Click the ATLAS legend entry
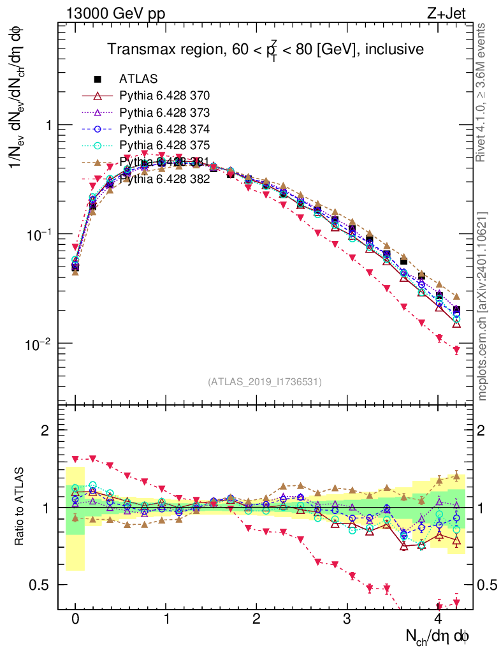pos(138,79)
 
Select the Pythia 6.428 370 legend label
pos(164,96)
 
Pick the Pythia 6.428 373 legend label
pos(164,113)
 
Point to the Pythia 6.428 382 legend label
pos(164,180)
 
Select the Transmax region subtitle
pos(265,50)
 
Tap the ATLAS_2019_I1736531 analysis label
pos(265,382)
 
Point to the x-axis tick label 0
pos(75,619)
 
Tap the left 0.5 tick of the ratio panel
pos(41,585)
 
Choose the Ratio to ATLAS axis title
pos(20,507)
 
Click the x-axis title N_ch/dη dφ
pos(439,636)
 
